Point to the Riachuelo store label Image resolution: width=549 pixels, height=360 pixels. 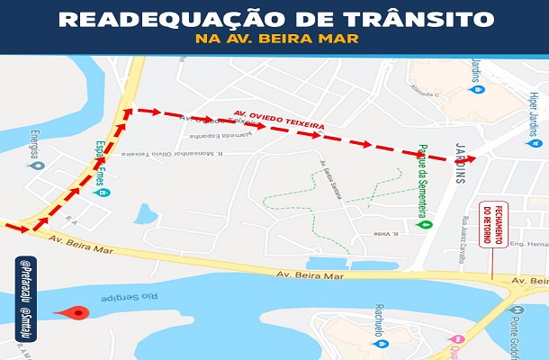382,327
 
